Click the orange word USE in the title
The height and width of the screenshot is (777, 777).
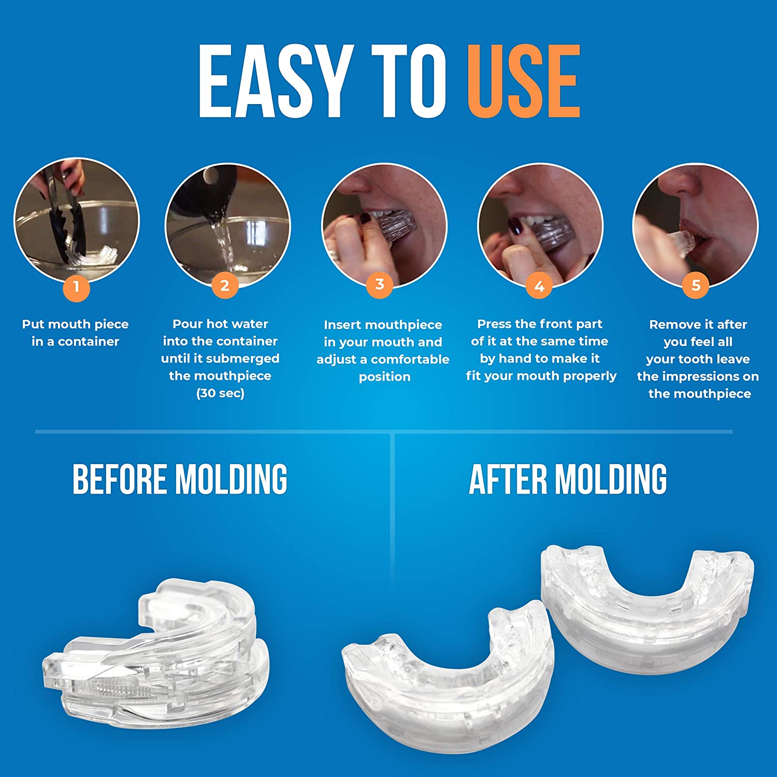point(523,81)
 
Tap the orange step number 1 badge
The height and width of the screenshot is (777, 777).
point(77,286)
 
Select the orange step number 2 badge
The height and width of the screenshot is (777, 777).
point(224,285)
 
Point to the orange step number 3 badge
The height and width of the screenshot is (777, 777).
point(380,284)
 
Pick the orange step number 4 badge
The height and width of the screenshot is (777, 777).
point(539,286)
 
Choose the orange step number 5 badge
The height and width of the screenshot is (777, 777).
point(696,285)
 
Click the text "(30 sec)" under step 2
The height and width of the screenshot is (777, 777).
point(220,393)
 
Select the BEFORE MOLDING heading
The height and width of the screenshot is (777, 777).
point(180,479)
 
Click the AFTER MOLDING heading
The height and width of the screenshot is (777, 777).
point(568,479)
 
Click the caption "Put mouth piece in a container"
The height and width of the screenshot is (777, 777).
point(76,333)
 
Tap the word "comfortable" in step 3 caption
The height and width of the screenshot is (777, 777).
point(410,359)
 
